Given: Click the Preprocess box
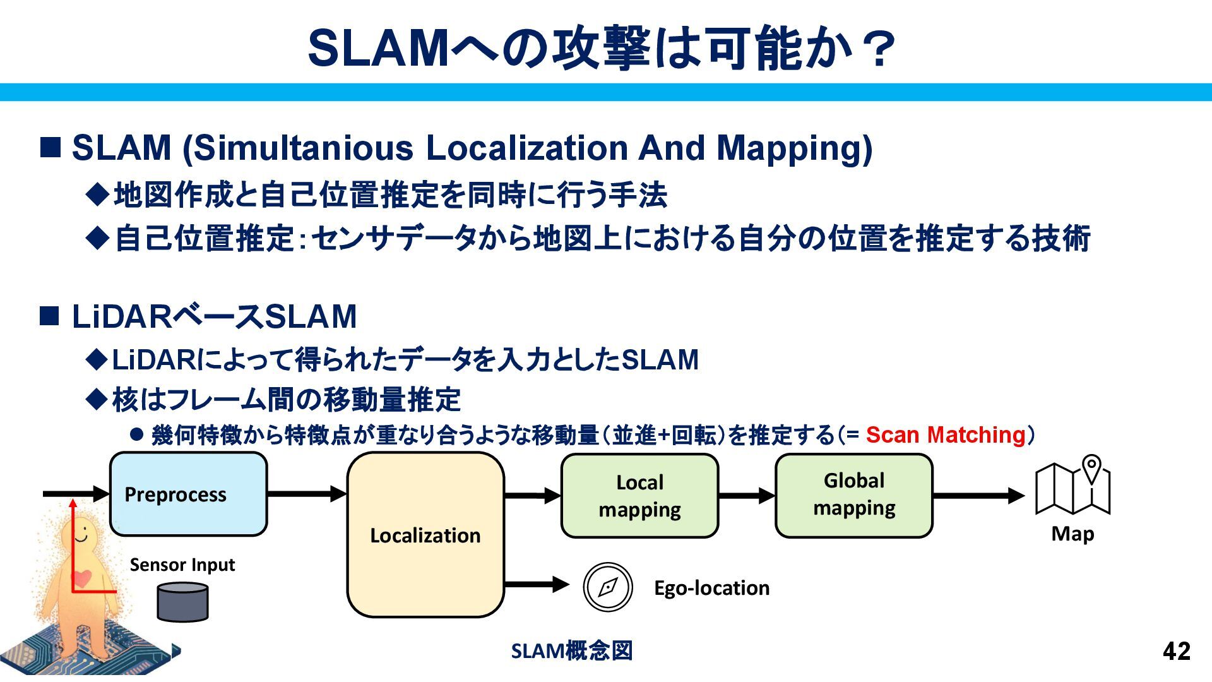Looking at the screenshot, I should pos(188,494).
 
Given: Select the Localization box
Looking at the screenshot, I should pos(425,535).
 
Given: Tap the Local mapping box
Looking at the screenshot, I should pos(639,496).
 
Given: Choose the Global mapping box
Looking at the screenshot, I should pos(853,494).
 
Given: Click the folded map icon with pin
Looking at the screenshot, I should pos(1072,486).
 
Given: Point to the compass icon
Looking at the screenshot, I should pos(607,587).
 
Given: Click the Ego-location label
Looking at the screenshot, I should pos(711,588).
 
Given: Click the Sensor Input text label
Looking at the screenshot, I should pos(182,565).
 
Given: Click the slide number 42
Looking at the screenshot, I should pos(1176,651).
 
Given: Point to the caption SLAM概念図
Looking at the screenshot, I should pos(571,650).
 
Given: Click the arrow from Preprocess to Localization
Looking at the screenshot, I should pos(307,494).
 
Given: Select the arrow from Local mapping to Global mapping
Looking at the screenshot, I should pos(747,496).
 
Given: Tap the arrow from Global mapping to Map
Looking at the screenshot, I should pos(978,496).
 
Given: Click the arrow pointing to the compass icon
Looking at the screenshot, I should pos(537,584).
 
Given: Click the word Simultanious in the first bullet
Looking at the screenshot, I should pos(303,148).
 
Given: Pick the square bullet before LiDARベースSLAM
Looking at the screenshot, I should pos(50,316).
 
